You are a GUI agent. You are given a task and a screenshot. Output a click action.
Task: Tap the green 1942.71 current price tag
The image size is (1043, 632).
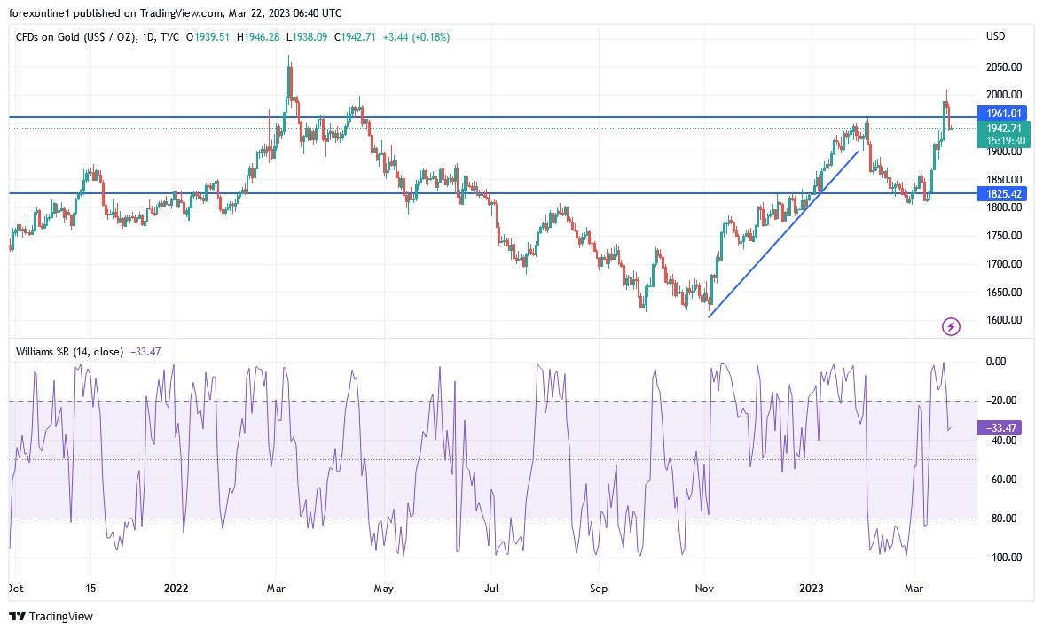(1002, 129)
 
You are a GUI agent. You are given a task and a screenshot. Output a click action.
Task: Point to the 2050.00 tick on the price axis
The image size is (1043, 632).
(1003, 67)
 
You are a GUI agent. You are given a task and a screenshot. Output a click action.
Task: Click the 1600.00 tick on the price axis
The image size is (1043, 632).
(1003, 320)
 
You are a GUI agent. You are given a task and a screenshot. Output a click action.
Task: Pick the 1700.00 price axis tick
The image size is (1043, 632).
(1003, 264)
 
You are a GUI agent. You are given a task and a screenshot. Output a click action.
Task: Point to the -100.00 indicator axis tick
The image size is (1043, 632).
(1001, 558)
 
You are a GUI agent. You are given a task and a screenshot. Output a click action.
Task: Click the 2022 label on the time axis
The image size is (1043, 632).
(176, 588)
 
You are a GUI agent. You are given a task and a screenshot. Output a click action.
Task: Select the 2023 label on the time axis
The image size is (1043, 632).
(812, 588)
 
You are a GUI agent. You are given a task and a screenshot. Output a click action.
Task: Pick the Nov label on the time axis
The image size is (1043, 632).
(705, 588)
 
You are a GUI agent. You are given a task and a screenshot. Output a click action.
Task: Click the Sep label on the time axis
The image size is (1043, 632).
(599, 588)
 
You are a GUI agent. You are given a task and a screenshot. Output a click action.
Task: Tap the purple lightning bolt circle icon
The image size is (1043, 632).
(951, 327)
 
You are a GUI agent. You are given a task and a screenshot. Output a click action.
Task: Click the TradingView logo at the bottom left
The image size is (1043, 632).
(51, 616)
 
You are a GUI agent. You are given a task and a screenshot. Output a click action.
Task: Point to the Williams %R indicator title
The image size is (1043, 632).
(69, 351)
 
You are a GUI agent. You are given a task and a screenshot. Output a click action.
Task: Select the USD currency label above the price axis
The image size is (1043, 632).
(995, 36)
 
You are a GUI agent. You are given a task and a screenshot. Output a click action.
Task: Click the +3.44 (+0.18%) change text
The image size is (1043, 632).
(417, 37)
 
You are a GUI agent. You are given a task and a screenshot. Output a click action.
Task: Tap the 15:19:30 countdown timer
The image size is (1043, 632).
(1002, 140)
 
